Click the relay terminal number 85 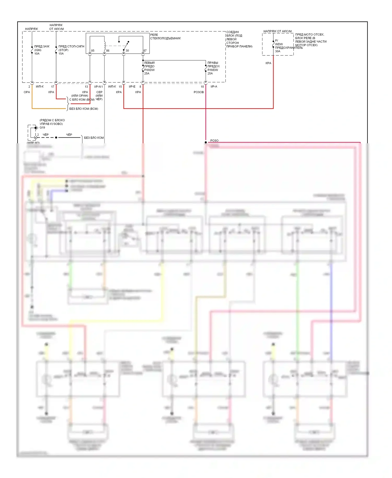coord(93,51)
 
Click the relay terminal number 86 coord(108,51)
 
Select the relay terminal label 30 coord(127,51)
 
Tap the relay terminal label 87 coord(145,51)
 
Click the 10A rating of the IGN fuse coord(37,54)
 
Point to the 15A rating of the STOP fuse coord(61,54)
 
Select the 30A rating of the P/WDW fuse coord(278,51)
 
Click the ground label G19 coord(42,128)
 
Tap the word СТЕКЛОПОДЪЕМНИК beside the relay coord(165,38)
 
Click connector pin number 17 coord(53,87)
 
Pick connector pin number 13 coord(86,87)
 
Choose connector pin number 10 coord(202,87)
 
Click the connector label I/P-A coord(214,87)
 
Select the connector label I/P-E coord(132,87)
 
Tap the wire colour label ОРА coord(27,92)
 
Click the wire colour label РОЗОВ coord(199,92)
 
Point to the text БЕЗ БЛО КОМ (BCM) coord(84,109)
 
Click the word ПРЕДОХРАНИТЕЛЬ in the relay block coord(289,48)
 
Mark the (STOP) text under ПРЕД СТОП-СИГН coord(63,50)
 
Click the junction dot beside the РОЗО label coord(206,142)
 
